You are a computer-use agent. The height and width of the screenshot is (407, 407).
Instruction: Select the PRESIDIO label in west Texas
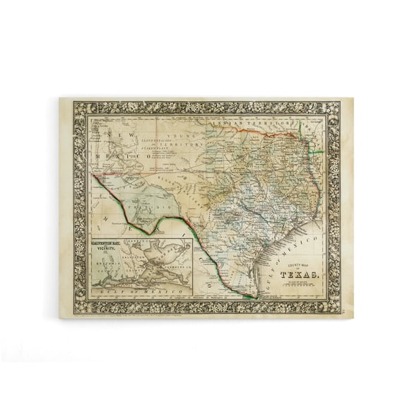coord(141,200)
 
